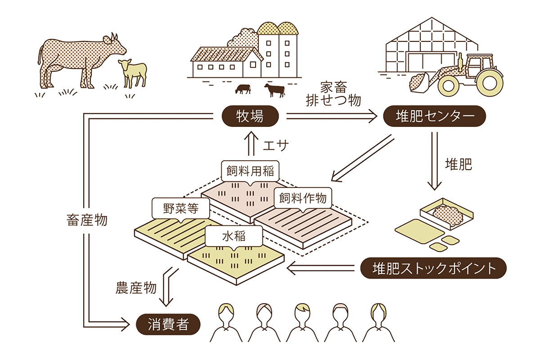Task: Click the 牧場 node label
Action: click(x=250, y=117)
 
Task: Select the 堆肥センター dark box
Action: click(x=434, y=117)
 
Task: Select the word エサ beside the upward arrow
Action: click(x=274, y=145)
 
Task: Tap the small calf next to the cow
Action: click(x=134, y=71)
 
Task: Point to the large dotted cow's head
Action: click(x=114, y=44)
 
